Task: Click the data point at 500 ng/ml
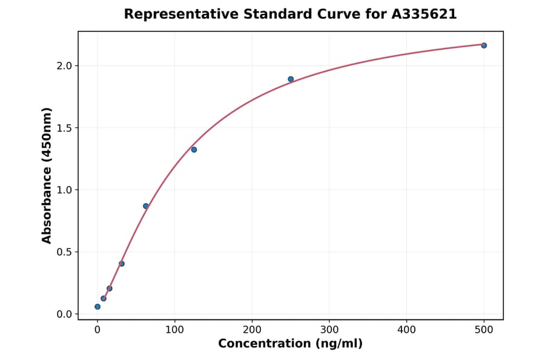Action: tap(484, 45)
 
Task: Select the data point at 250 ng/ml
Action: tap(291, 79)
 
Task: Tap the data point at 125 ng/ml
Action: tap(194, 150)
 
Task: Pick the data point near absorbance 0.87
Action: tap(146, 206)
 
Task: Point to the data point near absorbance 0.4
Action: tap(122, 264)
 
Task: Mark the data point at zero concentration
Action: tap(97, 307)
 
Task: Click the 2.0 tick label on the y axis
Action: tap(64, 65)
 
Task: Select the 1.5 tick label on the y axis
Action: tap(64, 128)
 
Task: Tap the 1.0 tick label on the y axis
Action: tap(64, 190)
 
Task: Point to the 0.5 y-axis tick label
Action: tap(64, 252)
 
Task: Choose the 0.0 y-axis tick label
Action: tap(64, 314)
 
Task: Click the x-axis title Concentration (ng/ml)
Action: tap(290, 344)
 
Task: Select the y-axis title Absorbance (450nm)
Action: tap(47, 175)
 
